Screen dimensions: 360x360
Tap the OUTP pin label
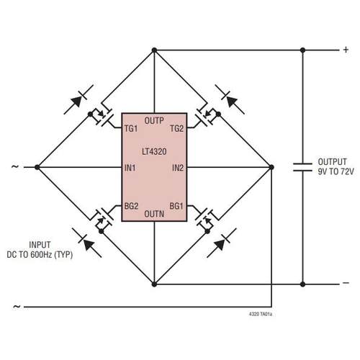point(154,120)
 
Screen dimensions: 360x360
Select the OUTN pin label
point(154,214)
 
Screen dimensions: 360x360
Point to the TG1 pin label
point(130,129)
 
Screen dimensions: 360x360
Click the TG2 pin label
point(176,129)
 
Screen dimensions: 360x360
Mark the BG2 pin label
point(131,205)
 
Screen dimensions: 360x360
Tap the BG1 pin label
point(176,205)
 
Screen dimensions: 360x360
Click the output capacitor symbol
point(302,166)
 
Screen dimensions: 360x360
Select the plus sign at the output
point(345,50)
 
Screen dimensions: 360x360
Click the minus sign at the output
point(345,284)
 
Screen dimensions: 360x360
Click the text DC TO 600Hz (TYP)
point(44,254)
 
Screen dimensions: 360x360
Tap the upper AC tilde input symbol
point(15,167)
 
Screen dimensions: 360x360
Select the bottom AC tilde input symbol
point(15,306)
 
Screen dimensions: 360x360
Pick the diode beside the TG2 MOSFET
point(228,99)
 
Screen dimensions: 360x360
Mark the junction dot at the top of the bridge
point(154,50)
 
